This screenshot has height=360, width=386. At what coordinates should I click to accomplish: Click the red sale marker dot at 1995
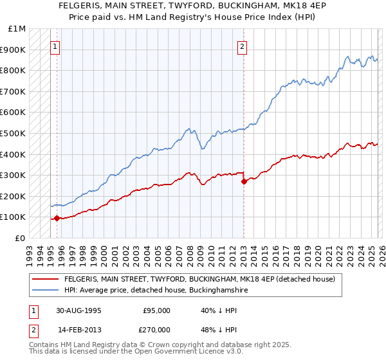(x=57, y=218)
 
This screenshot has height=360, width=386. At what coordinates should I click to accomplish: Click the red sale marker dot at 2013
(x=244, y=182)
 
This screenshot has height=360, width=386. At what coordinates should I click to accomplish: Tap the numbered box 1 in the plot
(x=55, y=46)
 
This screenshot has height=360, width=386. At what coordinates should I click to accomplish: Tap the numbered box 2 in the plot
(x=243, y=46)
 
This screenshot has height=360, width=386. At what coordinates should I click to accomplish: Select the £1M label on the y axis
(x=17, y=29)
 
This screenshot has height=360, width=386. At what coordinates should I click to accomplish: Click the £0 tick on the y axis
(x=20, y=238)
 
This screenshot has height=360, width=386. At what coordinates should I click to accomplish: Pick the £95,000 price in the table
(x=157, y=310)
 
